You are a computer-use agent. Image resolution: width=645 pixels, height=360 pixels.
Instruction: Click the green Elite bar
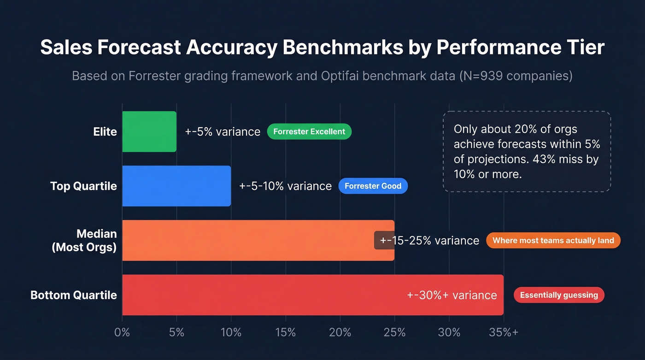pos(149,132)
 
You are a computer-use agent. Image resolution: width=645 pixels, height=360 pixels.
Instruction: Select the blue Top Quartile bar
pos(176,186)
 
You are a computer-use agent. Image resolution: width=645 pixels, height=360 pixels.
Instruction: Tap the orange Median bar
pos(249,240)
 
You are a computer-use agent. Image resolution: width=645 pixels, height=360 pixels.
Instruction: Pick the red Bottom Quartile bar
pos(263,295)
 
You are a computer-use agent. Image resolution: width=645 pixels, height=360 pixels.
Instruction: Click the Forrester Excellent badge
pos(309,132)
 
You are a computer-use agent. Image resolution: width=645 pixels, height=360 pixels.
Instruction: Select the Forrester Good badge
pos(373,186)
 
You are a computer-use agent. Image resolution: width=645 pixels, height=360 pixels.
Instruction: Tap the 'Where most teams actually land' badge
pos(553,240)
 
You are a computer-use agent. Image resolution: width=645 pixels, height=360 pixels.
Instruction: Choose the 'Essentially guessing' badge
pos(559,295)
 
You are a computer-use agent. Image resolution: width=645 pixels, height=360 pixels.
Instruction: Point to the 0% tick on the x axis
pos(122,332)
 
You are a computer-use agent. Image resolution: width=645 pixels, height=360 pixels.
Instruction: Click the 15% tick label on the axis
pos(286,332)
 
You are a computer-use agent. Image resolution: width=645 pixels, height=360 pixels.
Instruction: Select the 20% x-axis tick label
pos(340,332)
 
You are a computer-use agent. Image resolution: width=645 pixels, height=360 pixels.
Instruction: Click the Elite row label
pos(105,132)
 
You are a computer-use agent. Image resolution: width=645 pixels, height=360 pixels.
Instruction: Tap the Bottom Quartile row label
pos(74,295)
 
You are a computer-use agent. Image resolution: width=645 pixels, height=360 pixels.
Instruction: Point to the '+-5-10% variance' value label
pos(285,186)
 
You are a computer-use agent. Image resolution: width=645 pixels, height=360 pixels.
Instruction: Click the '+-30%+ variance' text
pos(452,295)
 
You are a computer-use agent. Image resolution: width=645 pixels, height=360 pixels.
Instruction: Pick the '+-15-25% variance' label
pos(429,241)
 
